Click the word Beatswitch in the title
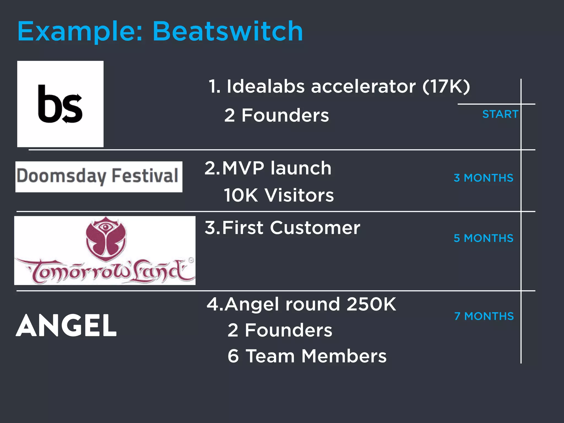[227, 31]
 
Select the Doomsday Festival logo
[99, 177]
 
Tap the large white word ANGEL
[66, 326]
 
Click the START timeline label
[500, 114]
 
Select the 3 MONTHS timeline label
[483, 178]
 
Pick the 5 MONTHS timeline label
[483, 238]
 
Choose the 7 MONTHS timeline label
[484, 316]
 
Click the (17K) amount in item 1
[446, 86]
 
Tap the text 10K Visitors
[279, 195]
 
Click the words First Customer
[291, 228]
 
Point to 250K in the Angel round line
[371, 304]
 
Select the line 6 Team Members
[307, 356]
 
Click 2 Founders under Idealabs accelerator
[276, 115]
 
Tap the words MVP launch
[276, 168]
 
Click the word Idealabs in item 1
[265, 86]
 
